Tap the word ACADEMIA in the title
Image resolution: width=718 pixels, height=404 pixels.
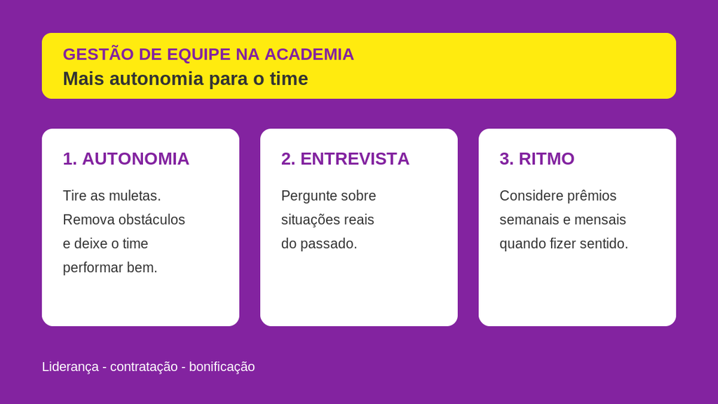(x=309, y=55)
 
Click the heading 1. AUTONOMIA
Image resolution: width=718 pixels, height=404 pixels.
(x=126, y=159)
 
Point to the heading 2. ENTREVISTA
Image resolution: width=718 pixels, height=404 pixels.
(x=345, y=159)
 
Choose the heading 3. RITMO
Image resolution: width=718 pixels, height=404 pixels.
(x=536, y=159)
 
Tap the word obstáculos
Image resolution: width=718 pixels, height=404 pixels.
(x=151, y=220)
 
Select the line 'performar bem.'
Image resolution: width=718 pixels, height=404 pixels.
(x=110, y=268)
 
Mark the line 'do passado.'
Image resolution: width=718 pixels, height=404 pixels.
(x=319, y=243)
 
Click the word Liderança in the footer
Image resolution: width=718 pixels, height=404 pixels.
(x=71, y=367)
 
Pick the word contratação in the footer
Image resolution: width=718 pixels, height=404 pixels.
(x=144, y=367)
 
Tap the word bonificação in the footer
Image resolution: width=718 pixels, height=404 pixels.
(x=222, y=367)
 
